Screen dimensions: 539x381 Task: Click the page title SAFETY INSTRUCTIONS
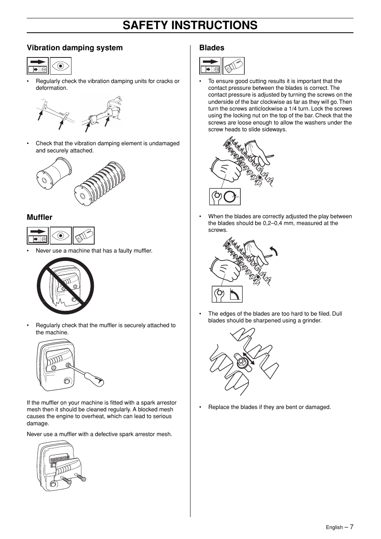point(190,25)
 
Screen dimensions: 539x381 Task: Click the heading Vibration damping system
point(75,48)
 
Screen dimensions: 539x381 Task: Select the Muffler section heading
point(40,217)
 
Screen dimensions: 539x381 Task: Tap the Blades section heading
point(212,48)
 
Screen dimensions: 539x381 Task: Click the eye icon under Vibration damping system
point(61,66)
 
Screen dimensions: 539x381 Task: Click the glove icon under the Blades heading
point(233,66)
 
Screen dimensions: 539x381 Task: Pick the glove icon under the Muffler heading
point(84,235)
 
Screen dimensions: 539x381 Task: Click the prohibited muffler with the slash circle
point(65,286)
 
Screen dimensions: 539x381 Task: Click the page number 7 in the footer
point(352,527)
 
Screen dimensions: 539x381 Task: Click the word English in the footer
point(334,527)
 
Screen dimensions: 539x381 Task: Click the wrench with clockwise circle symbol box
point(225,197)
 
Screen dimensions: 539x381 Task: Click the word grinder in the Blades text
point(310,321)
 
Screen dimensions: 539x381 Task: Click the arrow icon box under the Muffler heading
point(38,235)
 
